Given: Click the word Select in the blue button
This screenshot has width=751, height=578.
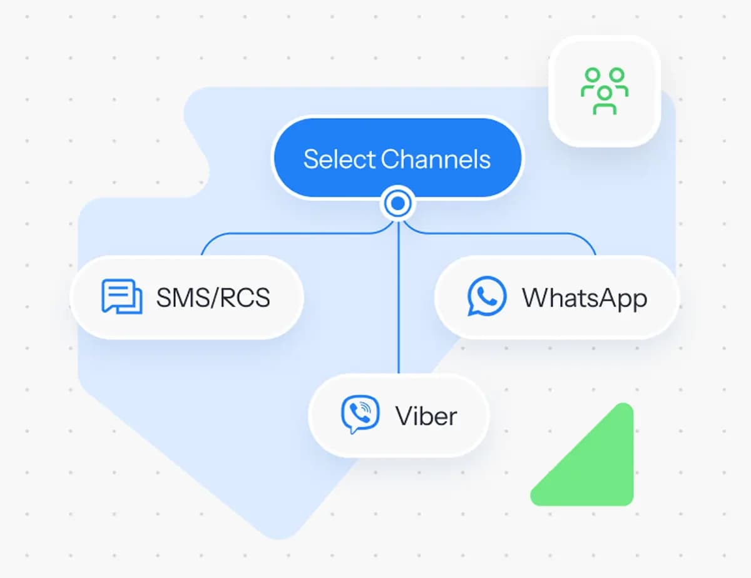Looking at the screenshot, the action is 339,159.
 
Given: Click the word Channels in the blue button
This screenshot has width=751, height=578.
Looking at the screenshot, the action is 436,159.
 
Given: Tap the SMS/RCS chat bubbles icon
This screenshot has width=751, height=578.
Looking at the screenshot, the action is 121,297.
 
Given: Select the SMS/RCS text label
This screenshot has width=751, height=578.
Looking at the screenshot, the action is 213,297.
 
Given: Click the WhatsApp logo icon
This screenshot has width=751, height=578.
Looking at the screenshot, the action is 487,297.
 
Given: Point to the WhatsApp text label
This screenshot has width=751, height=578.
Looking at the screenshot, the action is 585,298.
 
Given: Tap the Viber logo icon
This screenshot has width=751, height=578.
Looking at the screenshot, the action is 360,414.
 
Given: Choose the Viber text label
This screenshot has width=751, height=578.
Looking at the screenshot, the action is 426,416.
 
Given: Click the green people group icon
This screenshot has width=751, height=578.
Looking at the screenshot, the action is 605,91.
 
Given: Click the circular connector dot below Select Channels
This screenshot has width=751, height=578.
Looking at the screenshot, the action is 398,203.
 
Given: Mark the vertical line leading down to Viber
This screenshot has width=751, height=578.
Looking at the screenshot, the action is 399,297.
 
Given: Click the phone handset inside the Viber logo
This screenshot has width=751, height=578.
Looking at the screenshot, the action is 359,413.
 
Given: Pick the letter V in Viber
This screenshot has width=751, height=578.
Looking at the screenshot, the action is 405,416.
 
